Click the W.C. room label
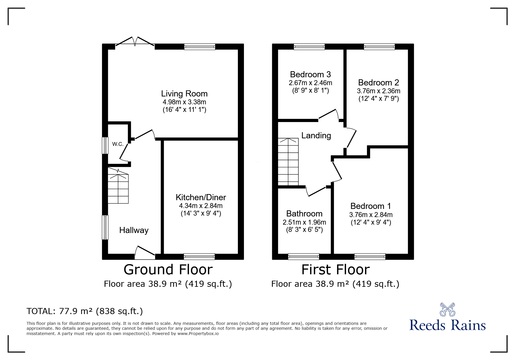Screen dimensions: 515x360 118,144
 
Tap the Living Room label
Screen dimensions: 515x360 184,94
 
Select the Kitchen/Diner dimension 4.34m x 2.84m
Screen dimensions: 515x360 201,206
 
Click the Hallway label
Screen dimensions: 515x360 134,230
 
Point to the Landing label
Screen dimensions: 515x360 316,135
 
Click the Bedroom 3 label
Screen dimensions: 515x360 311,74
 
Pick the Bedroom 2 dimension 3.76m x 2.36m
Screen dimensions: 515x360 379,91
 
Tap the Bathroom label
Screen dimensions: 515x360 304,214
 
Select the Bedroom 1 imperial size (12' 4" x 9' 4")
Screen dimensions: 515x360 371,222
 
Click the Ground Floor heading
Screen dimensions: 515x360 168,269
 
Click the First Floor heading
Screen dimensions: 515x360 336,269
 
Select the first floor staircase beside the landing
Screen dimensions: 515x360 288,162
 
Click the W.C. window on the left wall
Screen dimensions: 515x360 105,145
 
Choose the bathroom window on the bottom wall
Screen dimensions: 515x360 304,257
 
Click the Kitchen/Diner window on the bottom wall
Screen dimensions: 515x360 199,257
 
